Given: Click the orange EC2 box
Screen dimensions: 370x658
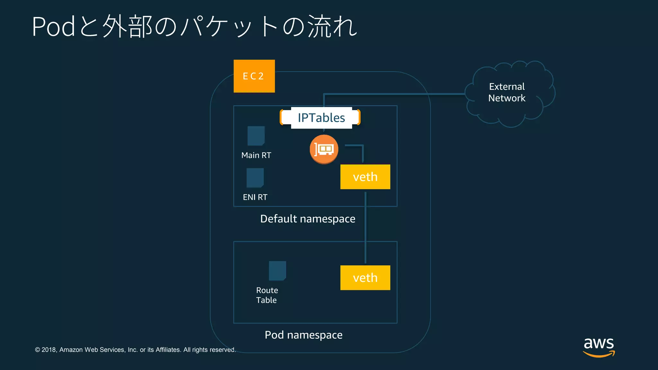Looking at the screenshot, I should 254,76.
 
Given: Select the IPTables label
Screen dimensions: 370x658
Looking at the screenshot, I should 321,118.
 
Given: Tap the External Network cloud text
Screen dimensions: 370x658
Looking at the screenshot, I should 507,92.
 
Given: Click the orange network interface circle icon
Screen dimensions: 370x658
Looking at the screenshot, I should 324,149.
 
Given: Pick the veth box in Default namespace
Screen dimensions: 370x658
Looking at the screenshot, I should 365,177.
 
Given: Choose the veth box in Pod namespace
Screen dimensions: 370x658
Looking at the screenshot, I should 365,278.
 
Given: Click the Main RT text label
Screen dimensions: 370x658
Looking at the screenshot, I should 256,155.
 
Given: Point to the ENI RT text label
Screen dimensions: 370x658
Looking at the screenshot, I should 255,197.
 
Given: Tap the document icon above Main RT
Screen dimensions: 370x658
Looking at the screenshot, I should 256,136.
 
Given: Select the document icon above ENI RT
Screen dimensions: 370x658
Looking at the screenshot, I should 255,178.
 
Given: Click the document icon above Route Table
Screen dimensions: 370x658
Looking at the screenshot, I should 277,271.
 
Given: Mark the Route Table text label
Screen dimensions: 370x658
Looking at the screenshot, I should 267,295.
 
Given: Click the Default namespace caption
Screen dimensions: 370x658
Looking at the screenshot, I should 307,219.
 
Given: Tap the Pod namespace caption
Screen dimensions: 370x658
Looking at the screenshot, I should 303,335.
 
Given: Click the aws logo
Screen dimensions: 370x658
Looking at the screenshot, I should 599,347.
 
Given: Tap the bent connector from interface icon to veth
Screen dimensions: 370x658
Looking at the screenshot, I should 362,150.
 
